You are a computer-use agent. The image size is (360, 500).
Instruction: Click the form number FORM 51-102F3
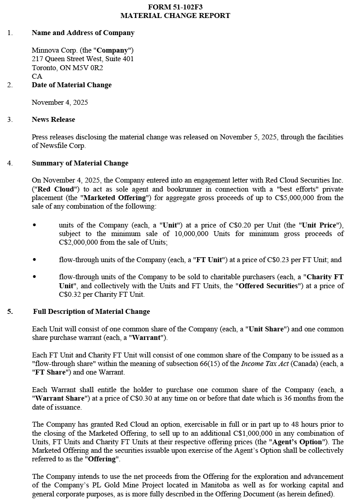click(x=175, y=7)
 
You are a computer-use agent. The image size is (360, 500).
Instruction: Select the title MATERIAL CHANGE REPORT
click(x=175, y=16)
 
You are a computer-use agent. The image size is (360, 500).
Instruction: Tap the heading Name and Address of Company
click(x=83, y=33)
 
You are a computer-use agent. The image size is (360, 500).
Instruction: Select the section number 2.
click(x=10, y=85)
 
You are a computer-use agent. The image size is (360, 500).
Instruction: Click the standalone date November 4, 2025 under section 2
click(x=60, y=103)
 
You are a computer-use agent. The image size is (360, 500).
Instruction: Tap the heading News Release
click(x=53, y=120)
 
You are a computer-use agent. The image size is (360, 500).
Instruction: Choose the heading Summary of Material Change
click(x=80, y=163)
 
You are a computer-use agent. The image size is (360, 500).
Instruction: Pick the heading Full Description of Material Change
click(x=91, y=312)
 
